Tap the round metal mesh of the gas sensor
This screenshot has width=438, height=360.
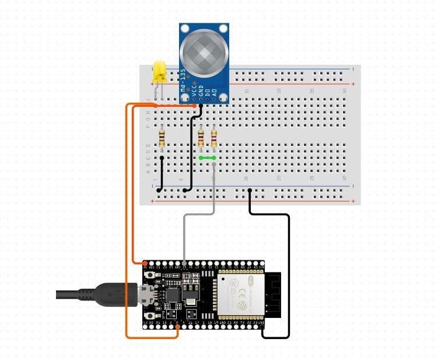click(x=204, y=55)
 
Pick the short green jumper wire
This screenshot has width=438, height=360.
click(x=207, y=158)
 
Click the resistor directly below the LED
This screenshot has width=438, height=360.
click(x=162, y=139)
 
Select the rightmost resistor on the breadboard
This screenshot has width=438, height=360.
click(x=214, y=138)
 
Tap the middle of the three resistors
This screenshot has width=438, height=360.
click(x=201, y=138)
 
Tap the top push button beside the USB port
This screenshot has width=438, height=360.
click(x=152, y=275)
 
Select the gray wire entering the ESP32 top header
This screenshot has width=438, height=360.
click(x=185, y=263)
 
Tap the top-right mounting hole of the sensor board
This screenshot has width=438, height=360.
click(x=222, y=29)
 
